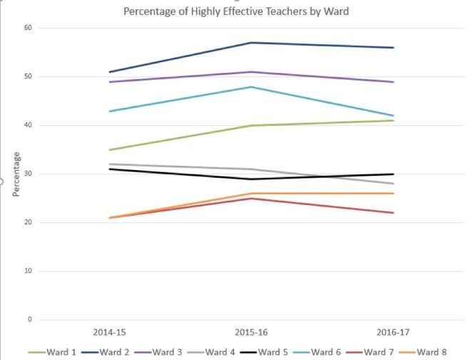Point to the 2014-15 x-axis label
[x=108, y=333]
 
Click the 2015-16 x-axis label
[x=250, y=333]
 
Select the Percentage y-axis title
[x=15, y=174]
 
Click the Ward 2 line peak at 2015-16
[x=250, y=43]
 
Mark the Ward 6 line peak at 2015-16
[x=250, y=86]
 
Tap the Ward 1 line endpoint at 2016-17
[x=393, y=121]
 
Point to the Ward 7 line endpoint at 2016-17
[x=393, y=213]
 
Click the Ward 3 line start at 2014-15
[x=108, y=82]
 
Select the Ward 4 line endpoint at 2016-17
[x=393, y=184]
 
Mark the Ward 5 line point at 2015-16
[x=250, y=179]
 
